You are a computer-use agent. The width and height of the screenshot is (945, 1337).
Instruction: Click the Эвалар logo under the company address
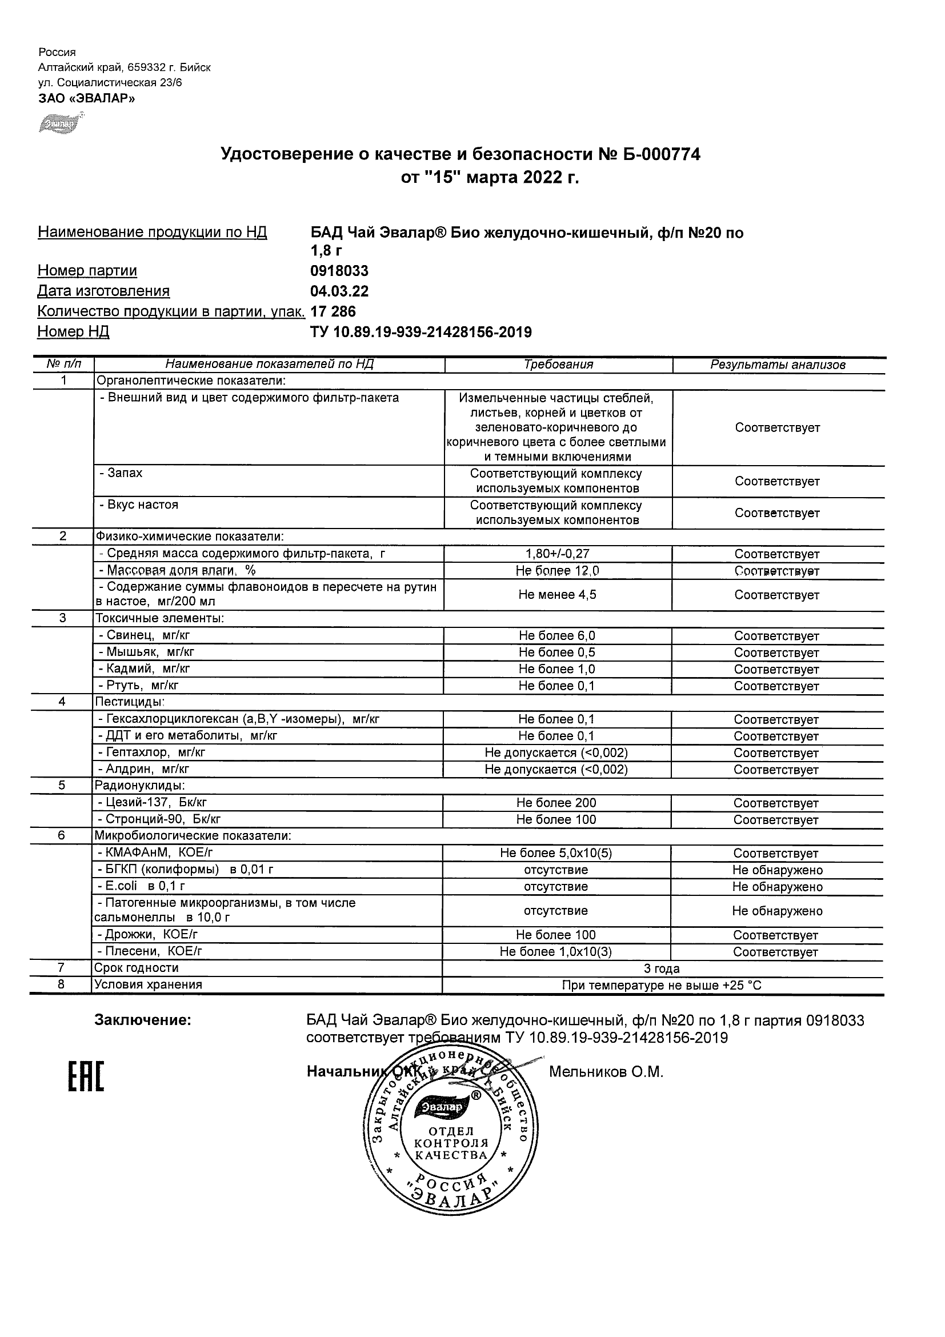(61, 124)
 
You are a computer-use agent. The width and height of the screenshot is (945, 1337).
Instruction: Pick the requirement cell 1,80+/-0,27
(557, 554)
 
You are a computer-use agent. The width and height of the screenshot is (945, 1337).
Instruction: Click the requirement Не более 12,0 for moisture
(557, 571)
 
